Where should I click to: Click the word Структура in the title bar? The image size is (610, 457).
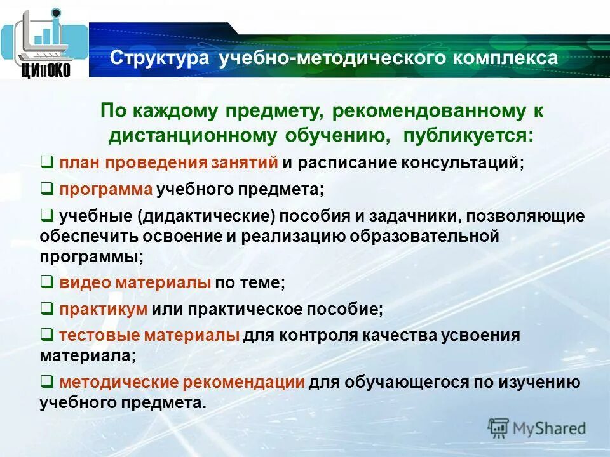click(x=159, y=58)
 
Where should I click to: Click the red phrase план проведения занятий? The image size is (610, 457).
click(x=168, y=162)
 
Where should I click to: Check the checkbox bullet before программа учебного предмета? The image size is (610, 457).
click(x=46, y=189)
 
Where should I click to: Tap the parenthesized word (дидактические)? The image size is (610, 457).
click(x=205, y=216)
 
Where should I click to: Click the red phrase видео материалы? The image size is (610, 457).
click(x=135, y=282)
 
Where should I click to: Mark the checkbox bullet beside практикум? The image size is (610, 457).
click(x=46, y=309)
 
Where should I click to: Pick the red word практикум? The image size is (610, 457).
click(x=104, y=310)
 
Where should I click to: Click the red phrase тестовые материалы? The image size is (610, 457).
click(x=149, y=336)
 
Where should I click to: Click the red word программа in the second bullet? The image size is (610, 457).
click(x=106, y=189)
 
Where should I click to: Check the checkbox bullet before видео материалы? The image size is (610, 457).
click(x=46, y=282)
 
